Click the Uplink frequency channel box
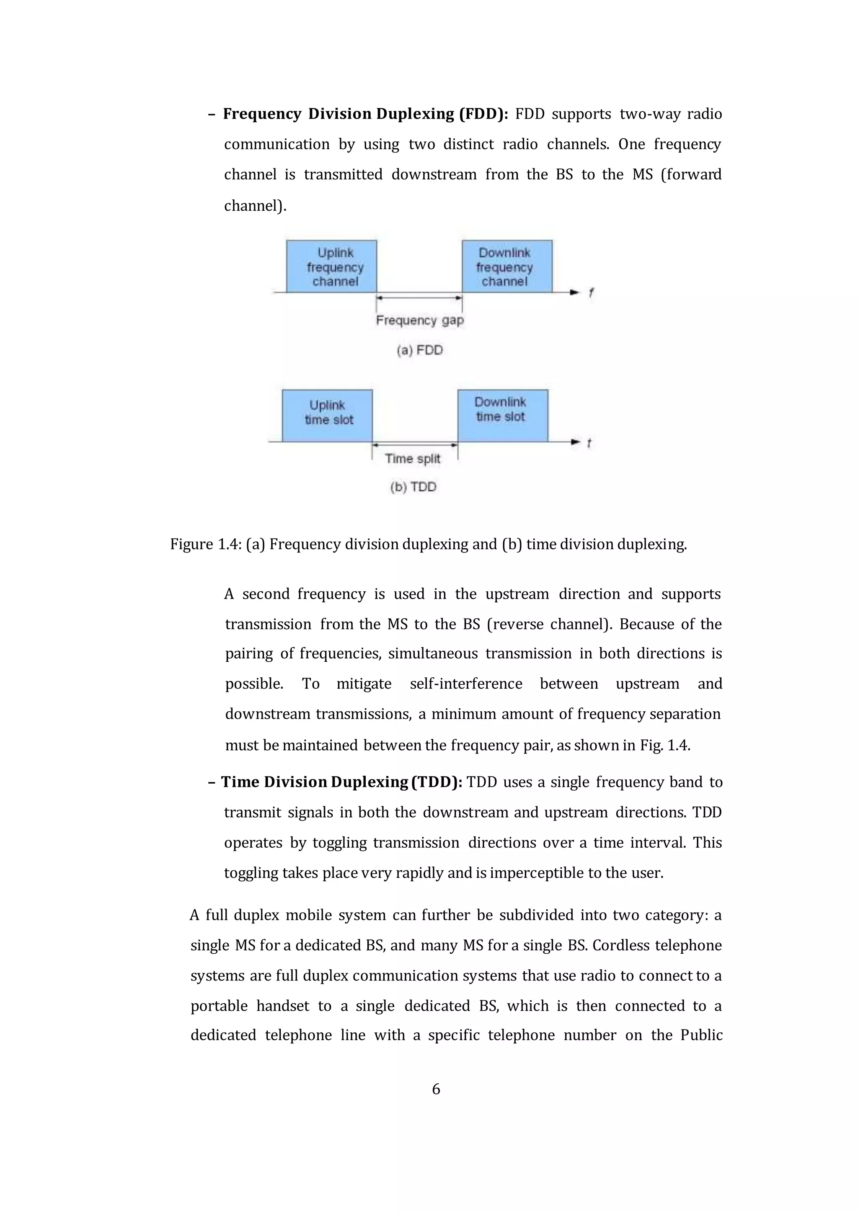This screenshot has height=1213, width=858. [331, 266]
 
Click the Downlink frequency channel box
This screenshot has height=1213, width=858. [507, 266]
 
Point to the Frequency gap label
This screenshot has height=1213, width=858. [419, 320]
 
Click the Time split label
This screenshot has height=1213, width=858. [412, 459]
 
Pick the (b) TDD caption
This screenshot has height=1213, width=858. [413, 487]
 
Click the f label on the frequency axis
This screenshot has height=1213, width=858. [591, 292]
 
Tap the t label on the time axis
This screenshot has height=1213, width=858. [589, 443]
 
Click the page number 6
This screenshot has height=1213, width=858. [436, 1089]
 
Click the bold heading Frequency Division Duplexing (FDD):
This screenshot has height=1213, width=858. [365, 114]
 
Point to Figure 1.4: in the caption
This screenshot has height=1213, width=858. [206, 544]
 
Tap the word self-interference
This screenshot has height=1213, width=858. [466, 684]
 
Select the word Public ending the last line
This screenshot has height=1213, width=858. [701, 1035]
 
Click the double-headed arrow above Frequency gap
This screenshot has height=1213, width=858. [419, 298]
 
